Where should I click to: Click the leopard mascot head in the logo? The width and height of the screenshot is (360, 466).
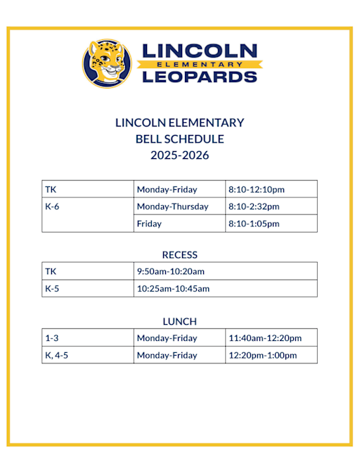[107, 63]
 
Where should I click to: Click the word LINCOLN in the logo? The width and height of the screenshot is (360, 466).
[199, 51]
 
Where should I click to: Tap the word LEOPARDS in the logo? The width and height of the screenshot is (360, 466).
[199, 76]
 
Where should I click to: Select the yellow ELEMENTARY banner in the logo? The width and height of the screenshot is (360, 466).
[199, 64]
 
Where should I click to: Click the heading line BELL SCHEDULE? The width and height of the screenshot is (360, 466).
[179, 139]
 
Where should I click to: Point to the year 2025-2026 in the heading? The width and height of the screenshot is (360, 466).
[179, 155]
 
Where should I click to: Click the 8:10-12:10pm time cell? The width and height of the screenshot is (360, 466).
[256, 190]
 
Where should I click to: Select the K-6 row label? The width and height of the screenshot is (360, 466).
[52, 207]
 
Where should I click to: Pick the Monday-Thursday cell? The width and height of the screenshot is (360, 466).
[172, 207]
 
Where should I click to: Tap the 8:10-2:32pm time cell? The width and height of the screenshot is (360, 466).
[254, 207]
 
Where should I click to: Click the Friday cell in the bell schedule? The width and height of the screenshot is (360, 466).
[149, 224]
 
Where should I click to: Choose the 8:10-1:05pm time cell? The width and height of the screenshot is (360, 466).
[254, 224]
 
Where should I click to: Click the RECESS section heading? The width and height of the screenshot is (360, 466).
[179, 254]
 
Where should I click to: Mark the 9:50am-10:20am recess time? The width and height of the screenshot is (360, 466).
[170, 271]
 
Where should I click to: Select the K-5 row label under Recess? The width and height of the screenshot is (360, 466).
[52, 288]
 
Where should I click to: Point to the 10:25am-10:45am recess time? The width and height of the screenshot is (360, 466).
[173, 288]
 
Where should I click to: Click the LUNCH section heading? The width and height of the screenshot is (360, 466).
[179, 321]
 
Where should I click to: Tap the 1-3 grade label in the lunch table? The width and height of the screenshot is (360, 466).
[51, 338]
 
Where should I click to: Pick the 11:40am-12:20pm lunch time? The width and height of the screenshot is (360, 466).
[265, 338]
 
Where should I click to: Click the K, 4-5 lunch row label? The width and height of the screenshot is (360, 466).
[56, 355]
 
